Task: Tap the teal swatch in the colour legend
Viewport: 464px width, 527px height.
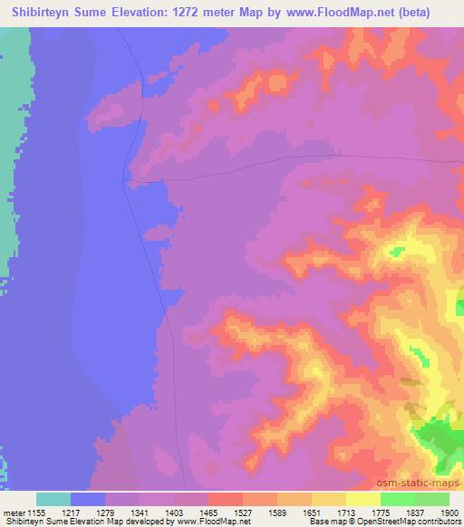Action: [x=53, y=499]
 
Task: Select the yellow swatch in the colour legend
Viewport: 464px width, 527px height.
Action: [x=329, y=499]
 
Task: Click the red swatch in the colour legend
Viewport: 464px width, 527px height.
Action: [x=226, y=499]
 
